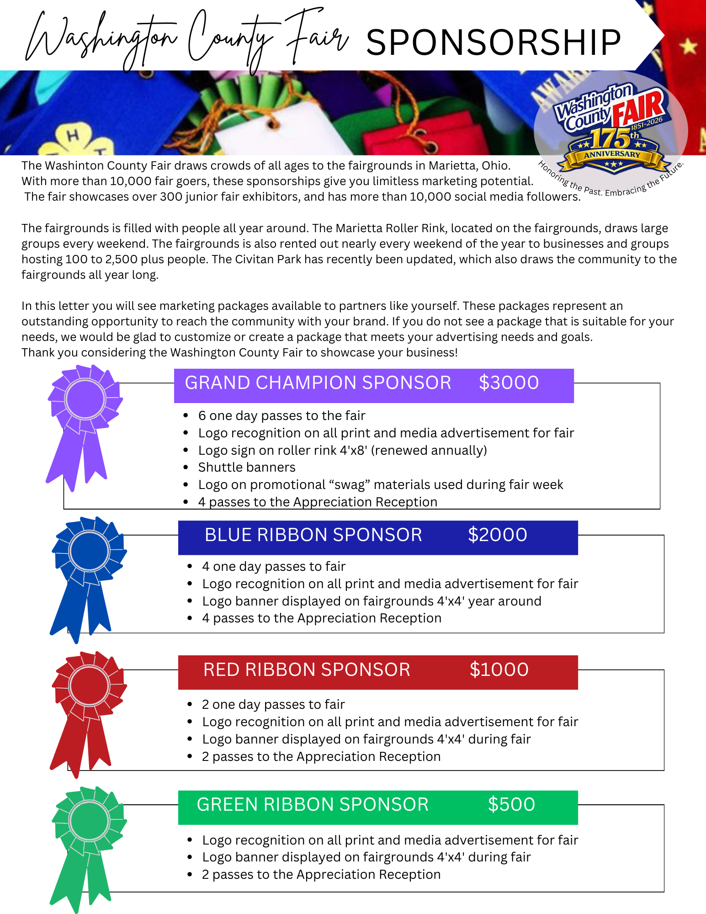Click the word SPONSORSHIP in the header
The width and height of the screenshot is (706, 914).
coord(493,43)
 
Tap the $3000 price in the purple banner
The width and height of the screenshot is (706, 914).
coord(509,383)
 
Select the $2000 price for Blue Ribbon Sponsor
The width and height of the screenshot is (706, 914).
coord(497,535)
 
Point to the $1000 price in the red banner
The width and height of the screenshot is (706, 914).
coord(499,670)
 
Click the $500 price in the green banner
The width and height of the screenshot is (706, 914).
coord(511,805)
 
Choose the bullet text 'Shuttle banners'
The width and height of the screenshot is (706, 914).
coord(247,468)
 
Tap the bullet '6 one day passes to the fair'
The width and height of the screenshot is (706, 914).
coord(281,416)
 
